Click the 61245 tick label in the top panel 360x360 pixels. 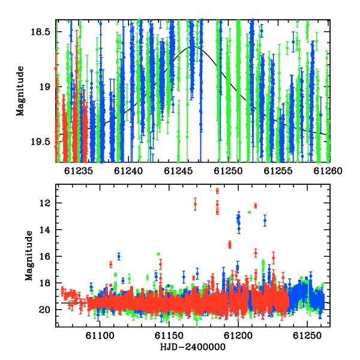pos(178,171)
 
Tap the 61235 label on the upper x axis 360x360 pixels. pos(78,171)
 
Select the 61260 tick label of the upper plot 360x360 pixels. pos(328,171)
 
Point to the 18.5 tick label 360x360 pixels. pos(40,32)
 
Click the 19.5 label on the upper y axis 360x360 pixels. pos(40,142)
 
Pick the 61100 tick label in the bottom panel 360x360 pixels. pos(100,335)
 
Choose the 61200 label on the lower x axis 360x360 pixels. pos(238,335)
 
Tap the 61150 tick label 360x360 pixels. pos(169,335)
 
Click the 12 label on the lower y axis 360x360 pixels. pos(44,203)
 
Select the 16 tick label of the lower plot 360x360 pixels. pos(44,256)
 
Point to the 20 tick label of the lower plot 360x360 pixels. pos(44,310)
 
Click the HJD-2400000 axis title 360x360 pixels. pos(193,347)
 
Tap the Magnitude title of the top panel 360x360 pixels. pos(20,91)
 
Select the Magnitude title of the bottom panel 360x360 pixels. pos(29,256)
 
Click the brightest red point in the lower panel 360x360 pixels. pos(217,191)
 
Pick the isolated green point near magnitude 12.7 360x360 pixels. pos(250,212)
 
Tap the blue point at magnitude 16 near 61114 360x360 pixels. pos(119,256)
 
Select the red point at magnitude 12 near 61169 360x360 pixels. pos(195,204)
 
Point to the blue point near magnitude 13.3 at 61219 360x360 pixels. pos(265,220)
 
